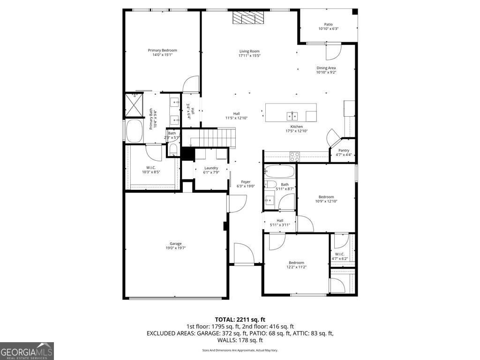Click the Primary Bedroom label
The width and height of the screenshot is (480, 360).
coord(162,50)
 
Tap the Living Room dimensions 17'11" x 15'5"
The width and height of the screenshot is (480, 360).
coord(249,56)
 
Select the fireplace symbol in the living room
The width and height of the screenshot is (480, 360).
coord(249,18)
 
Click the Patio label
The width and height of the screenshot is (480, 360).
coord(328,24)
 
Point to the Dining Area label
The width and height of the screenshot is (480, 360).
coord(326,68)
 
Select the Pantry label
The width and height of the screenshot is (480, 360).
coord(344,150)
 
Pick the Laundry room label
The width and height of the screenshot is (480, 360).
coord(211,168)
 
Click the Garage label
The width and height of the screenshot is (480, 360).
coord(176,243)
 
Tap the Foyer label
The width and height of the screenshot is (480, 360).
coord(246,182)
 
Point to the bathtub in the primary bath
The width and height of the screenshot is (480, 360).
coord(135,130)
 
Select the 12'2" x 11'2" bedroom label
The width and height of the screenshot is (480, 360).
coord(296,262)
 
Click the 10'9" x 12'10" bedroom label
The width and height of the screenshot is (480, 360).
coord(326,197)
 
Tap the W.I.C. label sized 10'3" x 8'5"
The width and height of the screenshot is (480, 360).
coord(151,167)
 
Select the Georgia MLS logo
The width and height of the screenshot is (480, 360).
coord(27,351)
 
